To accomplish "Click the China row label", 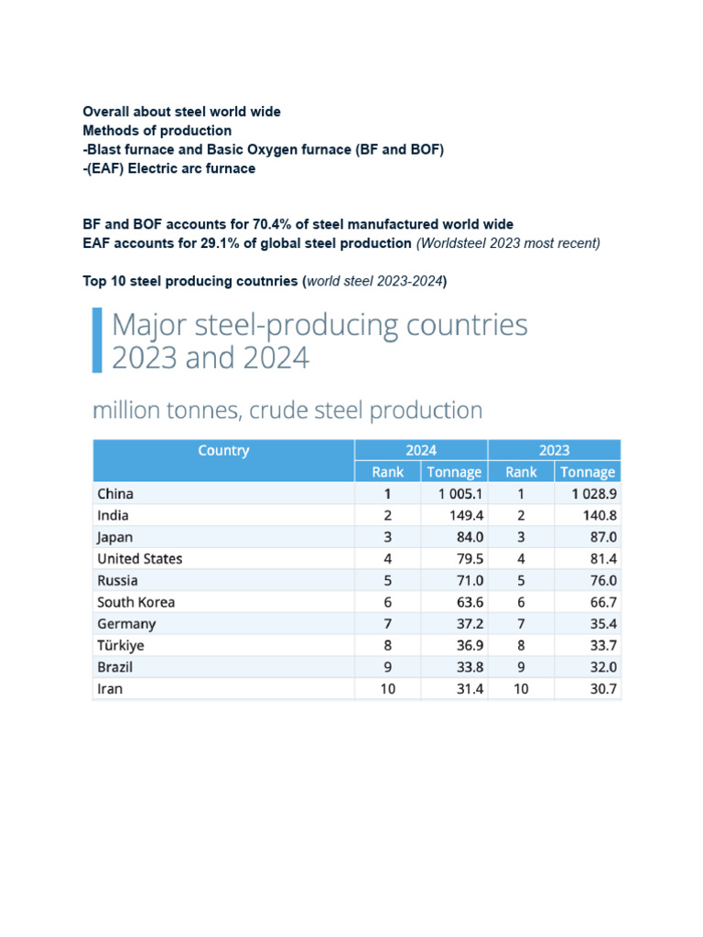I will tap(114, 493).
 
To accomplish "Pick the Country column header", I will tap(223, 450).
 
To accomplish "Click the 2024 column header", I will tap(421, 450).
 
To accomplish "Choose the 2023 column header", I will tap(554, 450).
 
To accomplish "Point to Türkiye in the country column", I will tap(121, 645).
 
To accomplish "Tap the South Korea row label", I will tap(135, 602).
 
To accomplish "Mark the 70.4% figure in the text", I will tap(271, 224).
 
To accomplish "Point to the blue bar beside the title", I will tap(97, 340).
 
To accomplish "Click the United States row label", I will tap(139, 558).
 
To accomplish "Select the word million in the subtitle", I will tap(125, 411).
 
